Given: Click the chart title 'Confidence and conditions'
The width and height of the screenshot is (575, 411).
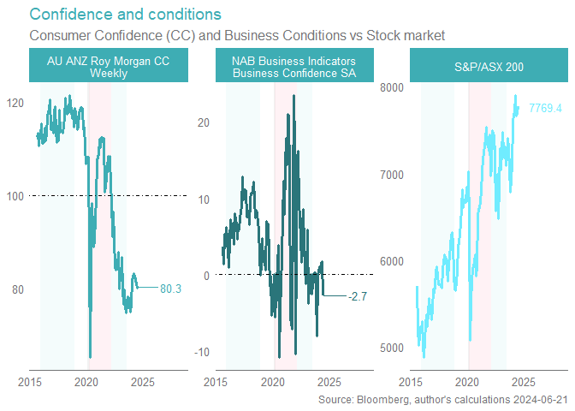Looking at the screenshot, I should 125,15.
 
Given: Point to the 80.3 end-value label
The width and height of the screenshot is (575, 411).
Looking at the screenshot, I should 171,289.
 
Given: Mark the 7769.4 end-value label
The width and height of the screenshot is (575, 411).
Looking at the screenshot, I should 545,108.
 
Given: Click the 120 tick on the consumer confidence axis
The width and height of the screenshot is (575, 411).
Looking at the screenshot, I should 15,103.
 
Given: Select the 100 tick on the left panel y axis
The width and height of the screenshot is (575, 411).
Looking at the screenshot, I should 15,196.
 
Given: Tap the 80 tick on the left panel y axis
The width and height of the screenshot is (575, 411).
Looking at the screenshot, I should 17,289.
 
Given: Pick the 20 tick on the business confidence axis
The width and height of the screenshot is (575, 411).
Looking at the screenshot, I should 203,122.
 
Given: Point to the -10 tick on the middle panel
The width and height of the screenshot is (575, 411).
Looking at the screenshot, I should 201,353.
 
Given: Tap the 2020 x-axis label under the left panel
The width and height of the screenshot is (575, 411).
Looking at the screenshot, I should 87,382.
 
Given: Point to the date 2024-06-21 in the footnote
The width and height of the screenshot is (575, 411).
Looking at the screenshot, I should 538,400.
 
